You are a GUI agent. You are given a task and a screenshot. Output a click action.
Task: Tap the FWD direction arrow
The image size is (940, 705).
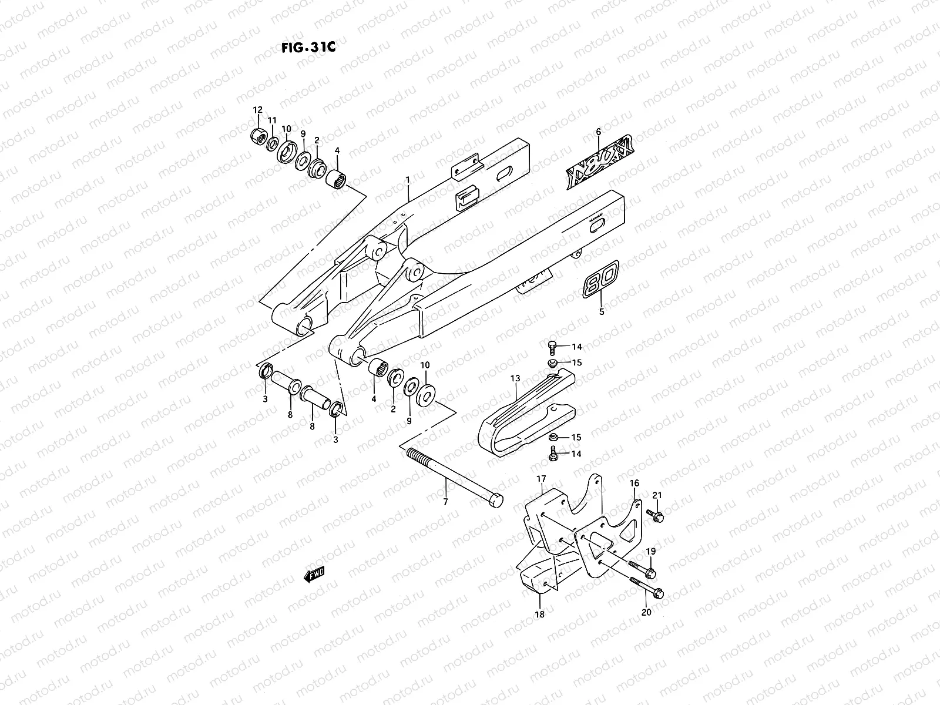tap(314, 575)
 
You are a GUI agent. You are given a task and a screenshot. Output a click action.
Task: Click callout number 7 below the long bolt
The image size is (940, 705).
tap(445, 502)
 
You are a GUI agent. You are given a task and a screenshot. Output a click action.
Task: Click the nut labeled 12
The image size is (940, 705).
tap(257, 136)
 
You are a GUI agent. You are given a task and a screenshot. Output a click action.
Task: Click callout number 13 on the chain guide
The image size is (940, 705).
tap(515, 380)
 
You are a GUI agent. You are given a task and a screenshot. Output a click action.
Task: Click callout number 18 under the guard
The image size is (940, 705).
tap(539, 614)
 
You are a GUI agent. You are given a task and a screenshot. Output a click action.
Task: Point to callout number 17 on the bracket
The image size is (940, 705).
tap(541, 479)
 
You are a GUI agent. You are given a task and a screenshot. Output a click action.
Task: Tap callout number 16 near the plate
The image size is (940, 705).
tap(634, 483)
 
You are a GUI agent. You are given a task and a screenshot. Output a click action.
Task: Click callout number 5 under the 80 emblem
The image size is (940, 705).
tap(601, 312)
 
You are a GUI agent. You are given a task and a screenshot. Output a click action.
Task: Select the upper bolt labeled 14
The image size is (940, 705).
tap(554, 347)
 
